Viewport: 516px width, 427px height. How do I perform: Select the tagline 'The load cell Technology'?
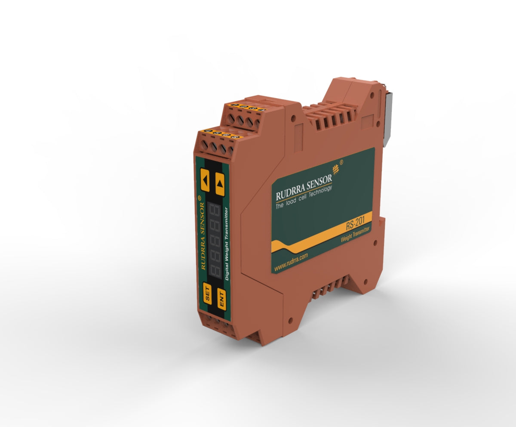click(x=304, y=199)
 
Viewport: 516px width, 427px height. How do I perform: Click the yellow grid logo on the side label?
click(x=335, y=169)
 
